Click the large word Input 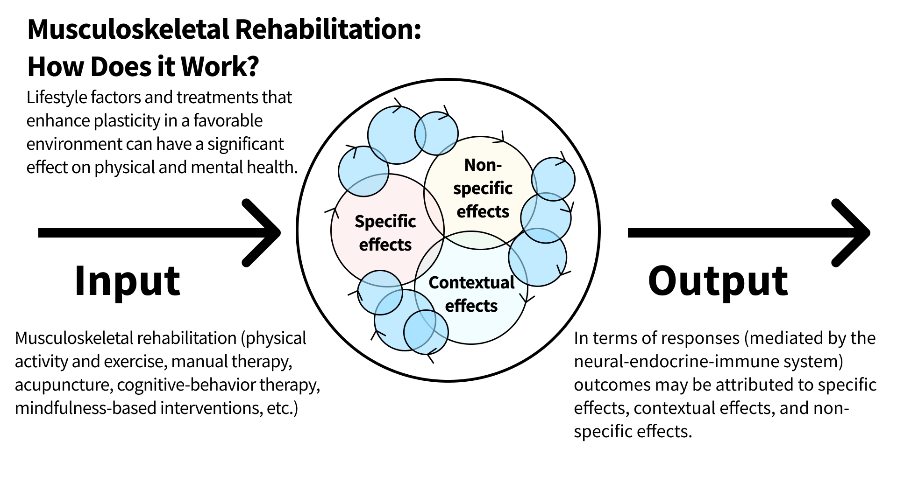127,281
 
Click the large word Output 718,281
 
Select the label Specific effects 385,233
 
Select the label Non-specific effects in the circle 483,188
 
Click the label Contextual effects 471,294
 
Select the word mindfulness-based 85,408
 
